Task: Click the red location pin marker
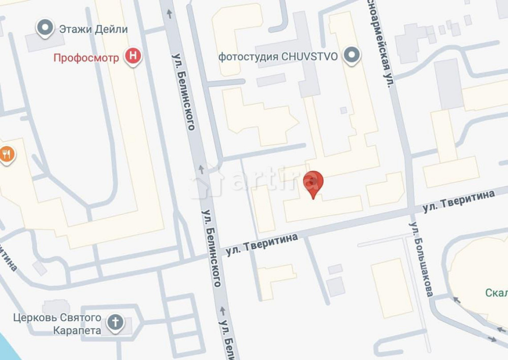click(x=313, y=183)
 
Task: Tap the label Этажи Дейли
click(x=93, y=29)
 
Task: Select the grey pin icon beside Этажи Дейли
click(x=46, y=28)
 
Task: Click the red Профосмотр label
click(x=86, y=57)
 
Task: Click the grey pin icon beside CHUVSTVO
click(x=351, y=56)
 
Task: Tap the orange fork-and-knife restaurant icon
click(x=7, y=154)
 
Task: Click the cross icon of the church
click(x=116, y=322)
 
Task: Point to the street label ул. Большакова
click(x=422, y=259)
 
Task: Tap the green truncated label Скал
click(x=496, y=293)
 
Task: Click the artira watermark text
click(x=274, y=180)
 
